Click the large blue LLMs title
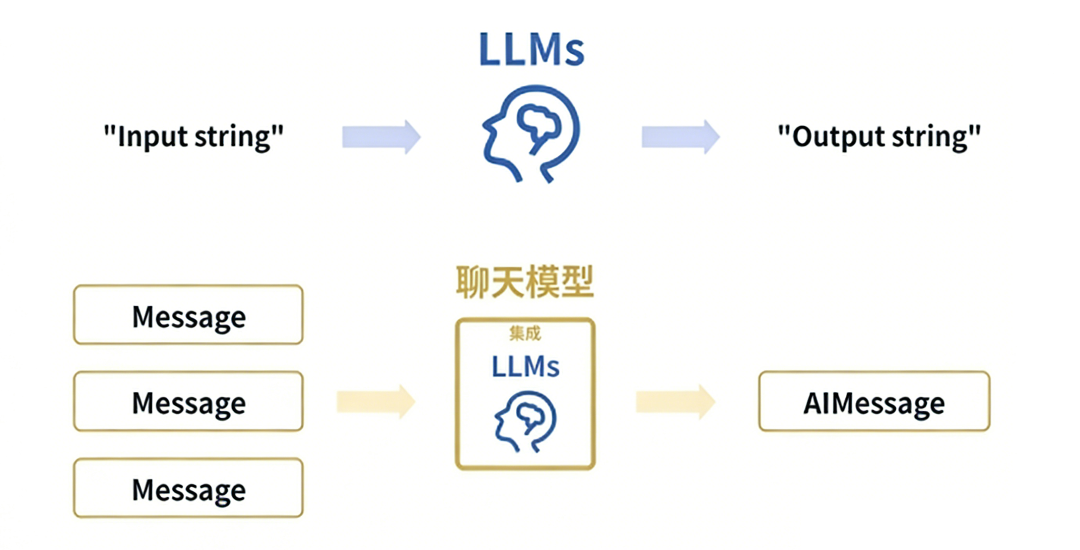click(531, 50)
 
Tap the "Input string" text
click(193, 136)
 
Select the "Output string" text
click(879, 136)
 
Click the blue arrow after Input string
click(381, 137)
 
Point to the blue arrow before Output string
click(680, 137)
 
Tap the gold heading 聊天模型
click(525, 282)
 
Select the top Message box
click(188, 315)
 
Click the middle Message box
click(188, 402)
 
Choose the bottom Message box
click(188, 488)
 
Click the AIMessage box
click(874, 402)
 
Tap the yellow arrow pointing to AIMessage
click(675, 402)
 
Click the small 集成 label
click(525, 334)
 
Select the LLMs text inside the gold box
click(525, 367)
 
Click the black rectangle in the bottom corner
click(940, 525)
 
